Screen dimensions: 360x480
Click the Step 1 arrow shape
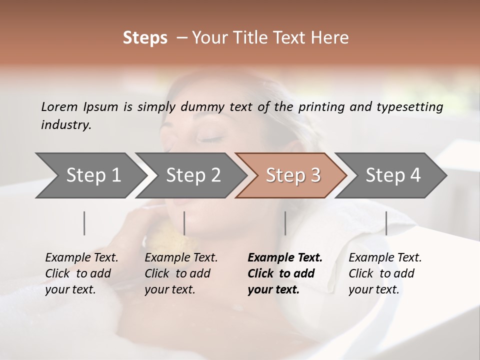click(90, 175)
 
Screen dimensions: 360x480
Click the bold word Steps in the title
click(145, 38)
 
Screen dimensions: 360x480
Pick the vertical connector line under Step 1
click(84, 223)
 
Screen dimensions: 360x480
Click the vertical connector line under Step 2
click(184, 223)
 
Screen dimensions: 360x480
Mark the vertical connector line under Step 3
click(285, 223)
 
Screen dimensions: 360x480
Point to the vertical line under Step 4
click(386, 223)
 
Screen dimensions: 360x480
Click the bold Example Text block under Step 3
click(284, 273)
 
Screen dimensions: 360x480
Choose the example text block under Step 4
click(385, 273)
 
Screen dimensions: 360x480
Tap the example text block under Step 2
click(181, 273)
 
